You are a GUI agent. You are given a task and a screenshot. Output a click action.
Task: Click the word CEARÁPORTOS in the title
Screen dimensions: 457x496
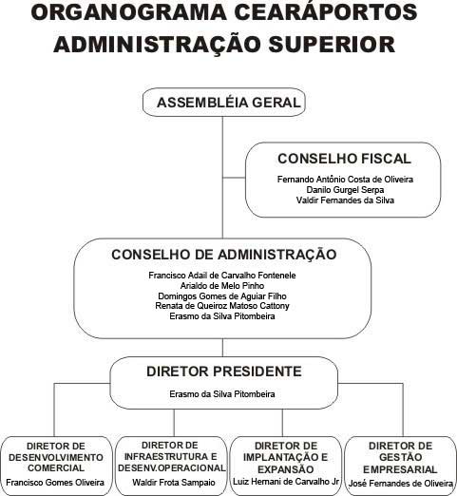(x=326, y=12)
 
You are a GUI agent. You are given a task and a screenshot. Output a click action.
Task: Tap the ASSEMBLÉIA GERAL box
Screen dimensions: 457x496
(x=224, y=103)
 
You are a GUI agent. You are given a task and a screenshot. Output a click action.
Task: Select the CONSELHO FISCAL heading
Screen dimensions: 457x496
(x=344, y=159)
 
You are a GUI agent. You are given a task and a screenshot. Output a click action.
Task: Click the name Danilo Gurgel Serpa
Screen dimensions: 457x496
(x=345, y=190)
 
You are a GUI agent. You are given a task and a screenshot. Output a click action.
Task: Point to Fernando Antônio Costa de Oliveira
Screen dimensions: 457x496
(x=345, y=180)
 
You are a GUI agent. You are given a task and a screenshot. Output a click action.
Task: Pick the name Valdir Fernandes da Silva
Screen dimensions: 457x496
(x=345, y=200)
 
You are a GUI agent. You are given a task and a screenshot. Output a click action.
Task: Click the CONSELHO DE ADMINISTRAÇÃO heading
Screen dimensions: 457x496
(x=224, y=255)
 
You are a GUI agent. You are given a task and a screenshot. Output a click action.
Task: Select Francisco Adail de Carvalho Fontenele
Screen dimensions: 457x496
(x=222, y=276)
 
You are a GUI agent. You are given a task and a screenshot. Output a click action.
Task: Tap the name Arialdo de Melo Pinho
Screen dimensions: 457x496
(x=222, y=286)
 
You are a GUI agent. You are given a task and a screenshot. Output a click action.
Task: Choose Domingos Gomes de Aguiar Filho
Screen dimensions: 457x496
(x=222, y=296)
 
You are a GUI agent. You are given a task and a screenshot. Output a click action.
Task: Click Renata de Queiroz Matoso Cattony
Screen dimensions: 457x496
(x=222, y=306)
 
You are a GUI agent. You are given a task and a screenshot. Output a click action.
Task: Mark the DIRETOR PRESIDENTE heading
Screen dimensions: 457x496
(x=224, y=372)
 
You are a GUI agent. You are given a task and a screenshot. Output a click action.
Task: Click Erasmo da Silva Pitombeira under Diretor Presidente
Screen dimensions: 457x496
(x=222, y=394)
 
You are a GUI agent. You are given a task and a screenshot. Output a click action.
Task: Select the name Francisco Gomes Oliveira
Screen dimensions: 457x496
(x=55, y=483)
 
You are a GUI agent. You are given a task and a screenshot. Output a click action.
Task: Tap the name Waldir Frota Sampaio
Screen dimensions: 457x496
(x=174, y=483)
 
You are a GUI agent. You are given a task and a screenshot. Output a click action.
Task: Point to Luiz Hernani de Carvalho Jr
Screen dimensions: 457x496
(x=286, y=482)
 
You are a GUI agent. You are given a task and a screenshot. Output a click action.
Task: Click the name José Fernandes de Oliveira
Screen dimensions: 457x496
(x=401, y=484)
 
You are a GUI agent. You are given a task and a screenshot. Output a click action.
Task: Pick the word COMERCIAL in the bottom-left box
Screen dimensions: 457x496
(x=56, y=467)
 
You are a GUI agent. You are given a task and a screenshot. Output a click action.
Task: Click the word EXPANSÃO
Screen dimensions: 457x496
(x=286, y=469)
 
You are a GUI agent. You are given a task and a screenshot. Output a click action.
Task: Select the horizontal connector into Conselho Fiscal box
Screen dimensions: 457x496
(x=234, y=178)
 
